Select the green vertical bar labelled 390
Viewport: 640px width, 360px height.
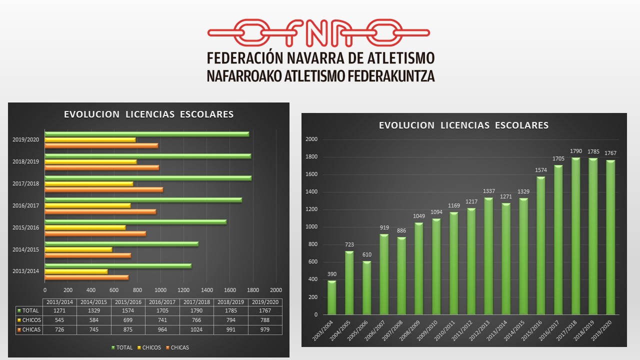[x=332, y=297]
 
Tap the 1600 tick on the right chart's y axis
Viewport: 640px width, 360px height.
[x=311, y=174]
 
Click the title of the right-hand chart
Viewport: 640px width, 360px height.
[x=463, y=125]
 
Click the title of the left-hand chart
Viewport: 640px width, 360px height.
[x=148, y=114]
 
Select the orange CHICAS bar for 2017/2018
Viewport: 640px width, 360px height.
[x=103, y=189]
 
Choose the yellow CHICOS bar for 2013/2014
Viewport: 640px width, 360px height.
[x=76, y=271]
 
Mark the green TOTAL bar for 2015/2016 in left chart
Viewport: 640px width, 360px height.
[x=135, y=222]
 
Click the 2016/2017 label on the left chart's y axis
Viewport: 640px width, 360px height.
[x=25, y=205]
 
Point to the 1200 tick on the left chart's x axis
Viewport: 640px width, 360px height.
[x=183, y=290]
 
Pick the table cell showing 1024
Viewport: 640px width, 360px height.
[x=196, y=329]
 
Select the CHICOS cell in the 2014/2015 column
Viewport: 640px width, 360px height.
[x=93, y=320]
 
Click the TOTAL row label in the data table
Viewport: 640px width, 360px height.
[x=30, y=311]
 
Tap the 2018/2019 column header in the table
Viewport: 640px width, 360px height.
[x=230, y=302]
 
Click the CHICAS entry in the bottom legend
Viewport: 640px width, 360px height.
[x=178, y=347]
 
